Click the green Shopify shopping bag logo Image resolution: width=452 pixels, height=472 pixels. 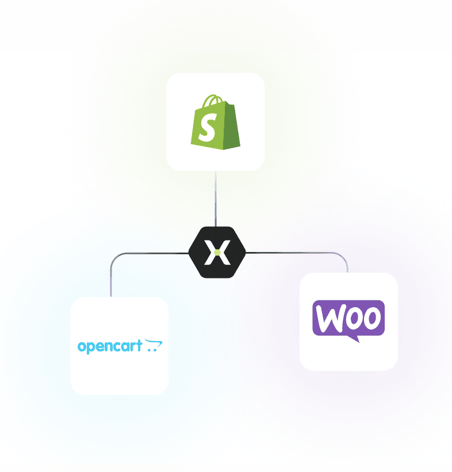tap(215, 121)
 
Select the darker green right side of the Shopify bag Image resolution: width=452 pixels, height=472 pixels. tap(231, 127)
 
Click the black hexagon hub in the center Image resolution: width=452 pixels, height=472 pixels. tap(217, 252)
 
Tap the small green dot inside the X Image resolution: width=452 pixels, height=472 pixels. tap(217, 252)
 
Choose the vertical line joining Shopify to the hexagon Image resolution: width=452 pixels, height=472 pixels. tap(216, 199)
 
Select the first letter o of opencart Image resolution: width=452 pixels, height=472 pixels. tap(82, 347)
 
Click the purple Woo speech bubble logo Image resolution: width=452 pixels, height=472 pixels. tap(348, 319)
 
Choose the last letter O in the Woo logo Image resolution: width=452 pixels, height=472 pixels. tap(371, 318)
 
